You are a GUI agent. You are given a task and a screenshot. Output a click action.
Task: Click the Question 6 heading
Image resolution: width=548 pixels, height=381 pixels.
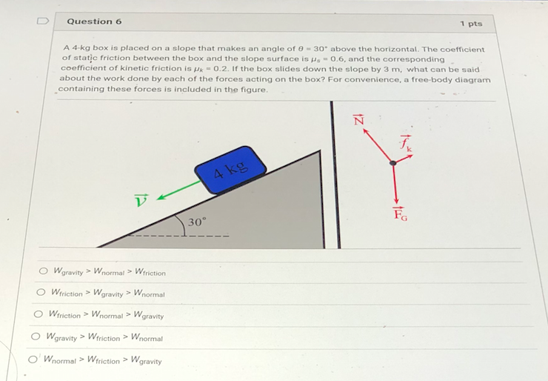click(94, 21)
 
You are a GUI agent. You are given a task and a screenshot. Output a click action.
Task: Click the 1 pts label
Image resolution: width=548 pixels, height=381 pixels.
click(471, 24)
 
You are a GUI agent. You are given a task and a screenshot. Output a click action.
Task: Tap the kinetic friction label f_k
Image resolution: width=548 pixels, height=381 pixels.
click(405, 142)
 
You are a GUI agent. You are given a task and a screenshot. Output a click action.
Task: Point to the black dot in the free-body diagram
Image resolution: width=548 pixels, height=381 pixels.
click(393, 163)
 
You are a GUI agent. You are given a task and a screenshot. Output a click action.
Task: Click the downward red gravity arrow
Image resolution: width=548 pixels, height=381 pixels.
click(394, 185)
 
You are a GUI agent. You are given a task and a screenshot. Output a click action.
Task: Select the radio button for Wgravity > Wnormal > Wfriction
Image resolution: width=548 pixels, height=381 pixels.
click(44, 271)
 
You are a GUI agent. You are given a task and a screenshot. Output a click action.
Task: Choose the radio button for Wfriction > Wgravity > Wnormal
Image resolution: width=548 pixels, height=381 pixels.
click(41, 293)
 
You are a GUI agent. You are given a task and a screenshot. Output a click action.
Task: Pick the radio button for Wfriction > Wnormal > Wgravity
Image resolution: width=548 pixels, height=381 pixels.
click(39, 314)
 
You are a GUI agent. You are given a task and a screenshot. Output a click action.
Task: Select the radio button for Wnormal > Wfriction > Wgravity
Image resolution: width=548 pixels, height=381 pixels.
click(32, 360)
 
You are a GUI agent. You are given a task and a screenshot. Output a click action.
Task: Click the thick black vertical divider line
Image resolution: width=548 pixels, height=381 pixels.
click(335, 174)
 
